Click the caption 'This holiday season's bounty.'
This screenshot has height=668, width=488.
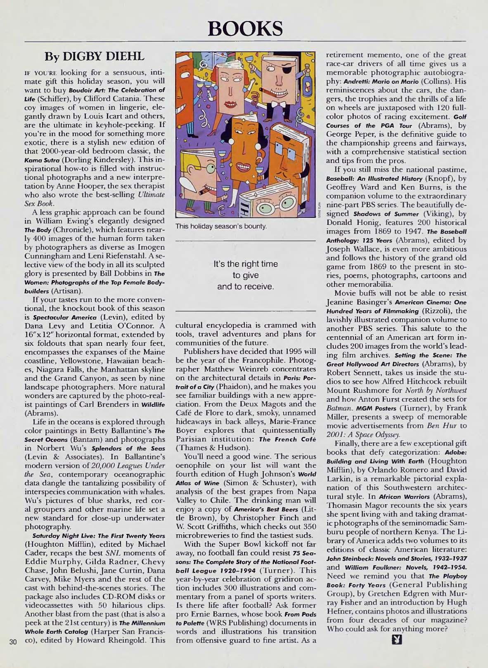(x=221, y=226)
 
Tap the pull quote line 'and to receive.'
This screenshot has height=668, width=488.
(x=245, y=286)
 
